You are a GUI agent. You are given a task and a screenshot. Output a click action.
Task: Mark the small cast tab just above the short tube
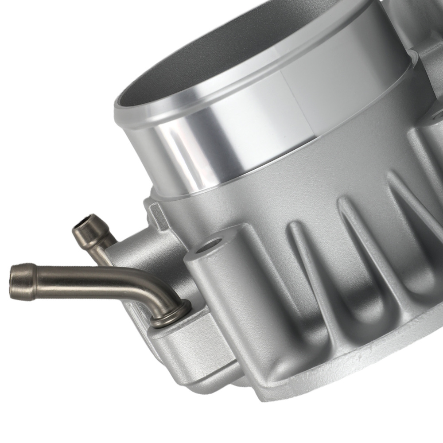153,213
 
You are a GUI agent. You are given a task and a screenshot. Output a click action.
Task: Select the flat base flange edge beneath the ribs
354,381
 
